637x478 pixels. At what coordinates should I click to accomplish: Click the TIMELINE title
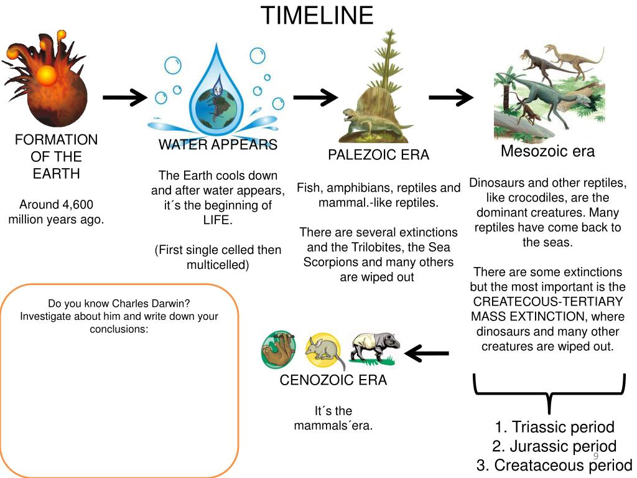(317, 16)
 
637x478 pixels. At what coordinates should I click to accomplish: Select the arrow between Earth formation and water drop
(124, 97)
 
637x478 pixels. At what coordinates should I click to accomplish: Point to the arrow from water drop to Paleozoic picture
(315, 97)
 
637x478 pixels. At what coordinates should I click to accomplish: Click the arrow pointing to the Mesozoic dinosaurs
(450, 97)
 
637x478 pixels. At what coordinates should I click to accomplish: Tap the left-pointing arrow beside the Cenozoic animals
(427, 354)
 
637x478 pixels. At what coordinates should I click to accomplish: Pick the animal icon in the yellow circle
(323, 352)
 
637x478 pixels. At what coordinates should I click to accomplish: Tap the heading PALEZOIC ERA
(378, 155)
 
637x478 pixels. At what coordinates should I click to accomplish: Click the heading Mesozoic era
(547, 151)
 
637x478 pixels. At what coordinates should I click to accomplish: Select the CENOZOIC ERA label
(333, 380)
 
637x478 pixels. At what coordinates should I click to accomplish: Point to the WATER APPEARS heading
(218, 145)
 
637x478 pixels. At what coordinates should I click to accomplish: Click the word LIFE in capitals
(217, 220)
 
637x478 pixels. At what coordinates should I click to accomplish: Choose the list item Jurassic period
(554, 446)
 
